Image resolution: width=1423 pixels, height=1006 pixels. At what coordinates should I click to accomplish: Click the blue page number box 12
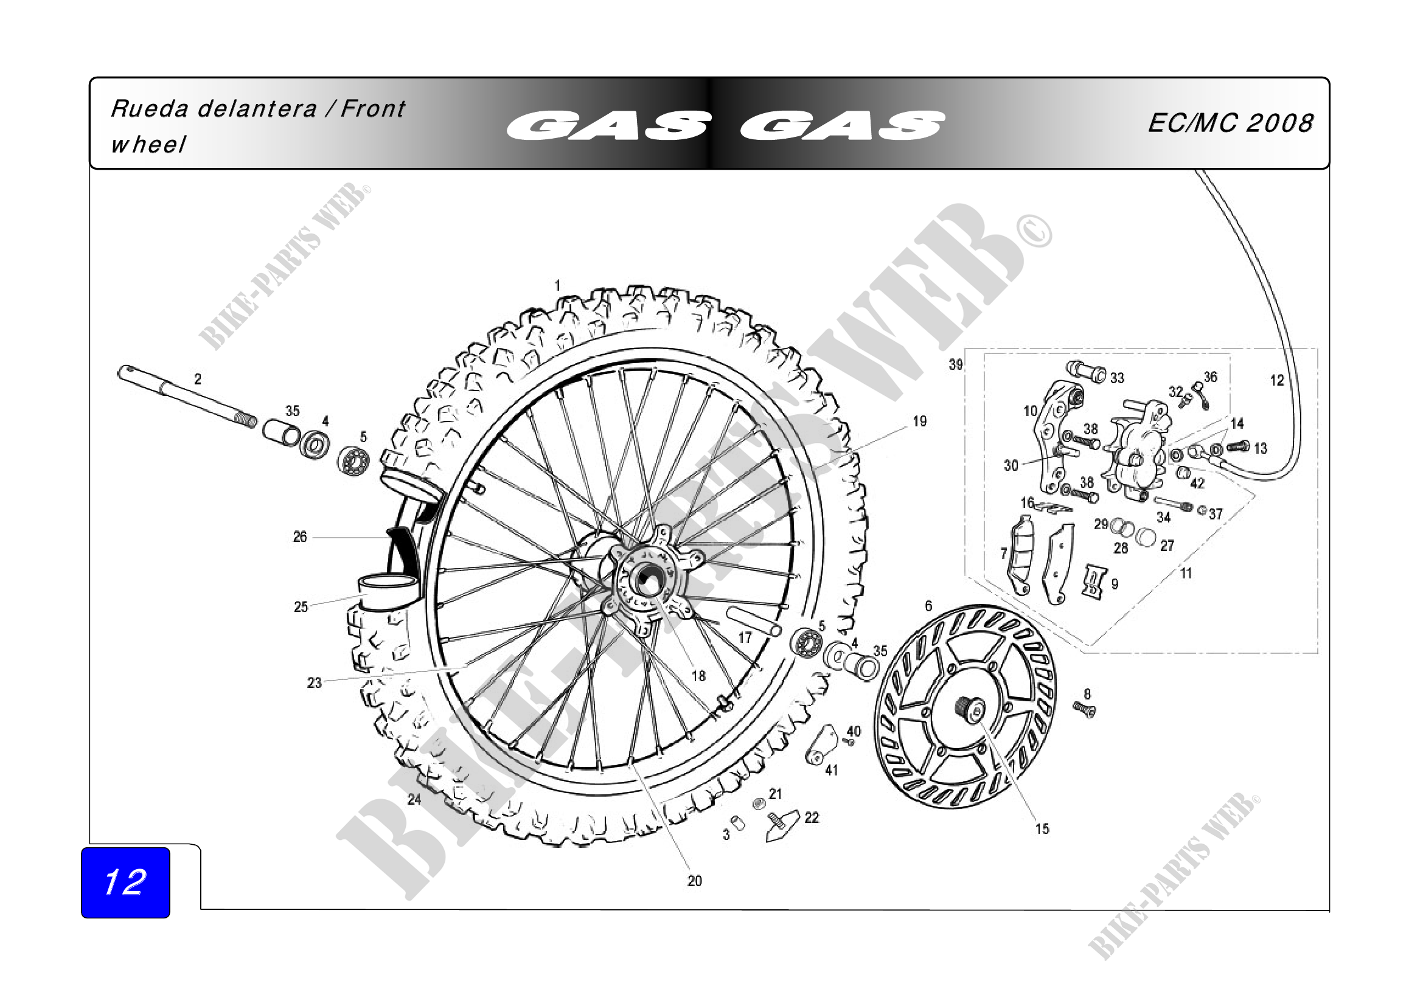(x=126, y=882)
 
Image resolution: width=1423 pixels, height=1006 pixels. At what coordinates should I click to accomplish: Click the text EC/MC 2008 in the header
(x=1230, y=123)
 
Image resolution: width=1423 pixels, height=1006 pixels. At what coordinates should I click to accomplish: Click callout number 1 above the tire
(x=557, y=286)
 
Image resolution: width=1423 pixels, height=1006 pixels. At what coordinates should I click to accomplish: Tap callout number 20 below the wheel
(x=695, y=881)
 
